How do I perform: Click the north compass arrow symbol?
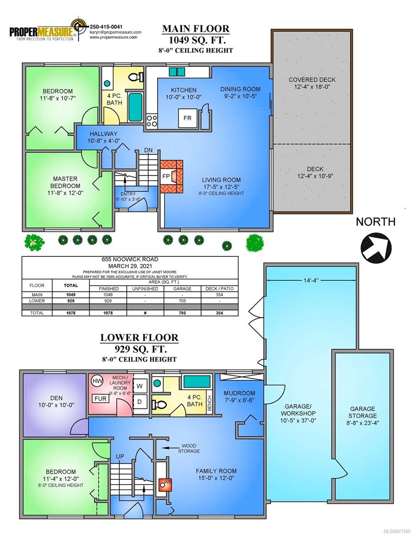point(376,248)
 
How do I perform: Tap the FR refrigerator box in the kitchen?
point(188,118)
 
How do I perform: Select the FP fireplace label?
point(166,176)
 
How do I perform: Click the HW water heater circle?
point(96,381)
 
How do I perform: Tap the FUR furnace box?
point(100,399)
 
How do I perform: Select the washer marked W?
point(140,386)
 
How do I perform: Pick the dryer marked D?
point(140,401)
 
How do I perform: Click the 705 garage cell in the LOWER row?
point(182,301)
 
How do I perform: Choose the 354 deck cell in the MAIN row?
point(220,295)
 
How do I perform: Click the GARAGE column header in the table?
point(182,288)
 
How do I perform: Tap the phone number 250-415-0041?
point(106,27)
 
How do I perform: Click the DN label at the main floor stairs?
point(148,150)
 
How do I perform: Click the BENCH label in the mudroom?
point(210,403)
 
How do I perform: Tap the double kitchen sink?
point(177,72)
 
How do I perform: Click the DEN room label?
point(56,398)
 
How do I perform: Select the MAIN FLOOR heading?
point(196,29)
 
